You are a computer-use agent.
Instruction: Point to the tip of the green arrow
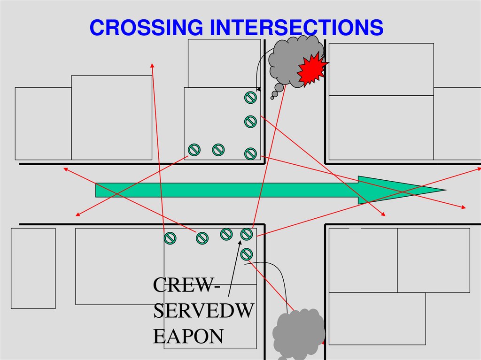pyautogui.click(x=444, y=190)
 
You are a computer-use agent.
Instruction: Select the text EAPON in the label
pyautogui.click(x=188, y=337)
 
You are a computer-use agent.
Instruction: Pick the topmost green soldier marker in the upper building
pyautogui.click(x=250, y=98)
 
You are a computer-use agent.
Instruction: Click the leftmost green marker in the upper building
pyautogui.click(x=194, y=150)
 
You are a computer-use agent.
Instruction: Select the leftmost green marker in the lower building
pyautogui.click(x=170, y=238)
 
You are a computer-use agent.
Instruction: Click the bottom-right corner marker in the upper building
pyautogui.click(x=250, y=153)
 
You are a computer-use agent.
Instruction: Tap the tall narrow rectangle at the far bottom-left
pyautogui.click(x=33, y=268)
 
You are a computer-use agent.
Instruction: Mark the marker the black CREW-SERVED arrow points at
pyautogui.click(x=246, y=234)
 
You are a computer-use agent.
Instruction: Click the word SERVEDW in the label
pyautogui.click(x=203, y=311)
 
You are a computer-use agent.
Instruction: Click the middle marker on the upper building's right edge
pyautogui.click(x=250, y=122)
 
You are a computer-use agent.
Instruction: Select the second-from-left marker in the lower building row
pyautogui.click(x=202, y=238)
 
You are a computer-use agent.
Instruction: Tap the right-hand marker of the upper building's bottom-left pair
pyautogui.click(x=218, y=150)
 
